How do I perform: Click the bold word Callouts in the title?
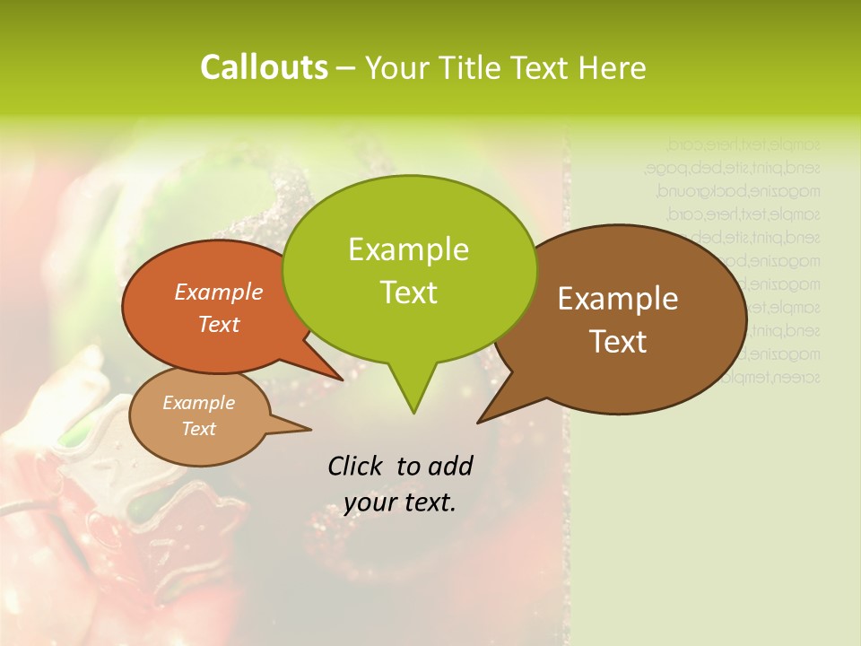[x=264, y=67]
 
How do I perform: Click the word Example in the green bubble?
[x=408, y=249]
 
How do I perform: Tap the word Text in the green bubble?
[x=408, y=292]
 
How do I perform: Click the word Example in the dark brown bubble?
[x=618, y=299]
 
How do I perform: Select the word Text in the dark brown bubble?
[x=618, y=342]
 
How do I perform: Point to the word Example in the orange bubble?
[x=219, y=292]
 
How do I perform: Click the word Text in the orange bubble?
[x=219, y=324]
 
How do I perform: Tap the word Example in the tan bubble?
[x=198, y=403]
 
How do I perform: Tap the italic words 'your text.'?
[x=399, y=502]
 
